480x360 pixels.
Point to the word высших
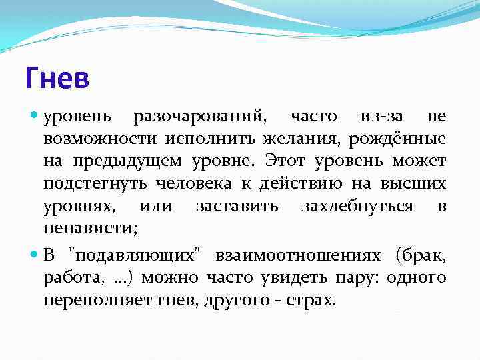(415, 184)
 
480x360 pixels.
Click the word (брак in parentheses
(421, 256)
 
